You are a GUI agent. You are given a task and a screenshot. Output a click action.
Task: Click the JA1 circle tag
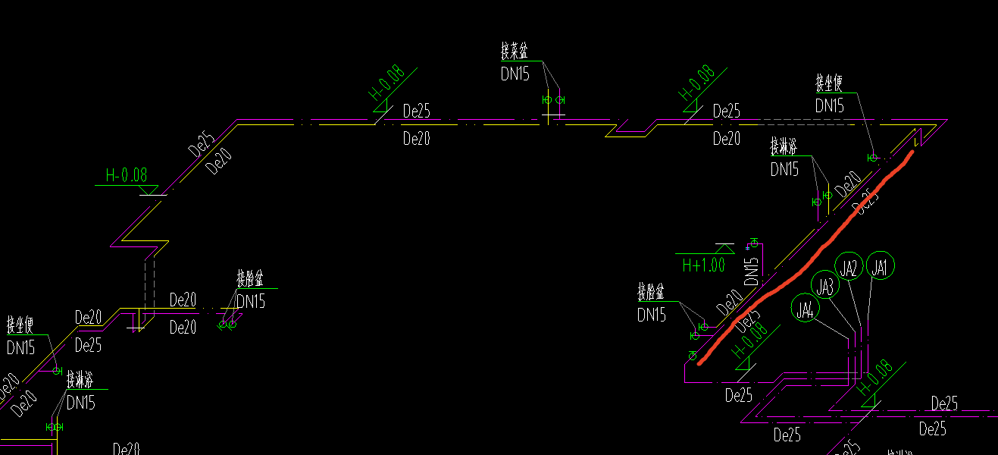[880, 266]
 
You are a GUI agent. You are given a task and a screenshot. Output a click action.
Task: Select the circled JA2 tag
[849, 267]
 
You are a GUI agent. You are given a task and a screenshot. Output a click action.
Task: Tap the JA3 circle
[825, 287]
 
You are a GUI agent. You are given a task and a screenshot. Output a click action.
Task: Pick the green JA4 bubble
[805, 309]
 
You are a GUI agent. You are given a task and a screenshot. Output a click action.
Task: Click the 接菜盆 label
[514, 52]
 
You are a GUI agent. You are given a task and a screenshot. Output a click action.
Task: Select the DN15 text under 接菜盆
[515, 74]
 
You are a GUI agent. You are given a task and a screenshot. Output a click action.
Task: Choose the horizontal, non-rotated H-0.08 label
[127, 175]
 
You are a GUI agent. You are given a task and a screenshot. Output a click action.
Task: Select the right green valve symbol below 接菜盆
[559, 99]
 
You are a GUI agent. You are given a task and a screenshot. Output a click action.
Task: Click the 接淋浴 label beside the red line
[784, 146]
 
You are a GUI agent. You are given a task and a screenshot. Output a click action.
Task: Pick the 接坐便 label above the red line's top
[829, 83]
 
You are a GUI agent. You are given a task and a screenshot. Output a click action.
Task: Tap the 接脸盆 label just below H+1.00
[651, 292]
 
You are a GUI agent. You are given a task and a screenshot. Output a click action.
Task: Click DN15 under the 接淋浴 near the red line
[784, 169]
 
